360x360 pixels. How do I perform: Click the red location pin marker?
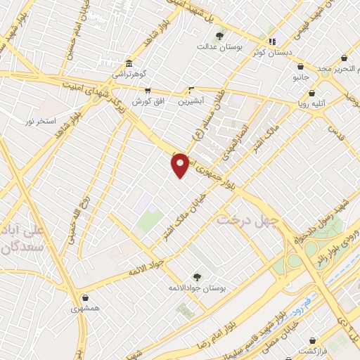coord(180,165)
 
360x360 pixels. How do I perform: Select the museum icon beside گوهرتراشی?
coord(128,61)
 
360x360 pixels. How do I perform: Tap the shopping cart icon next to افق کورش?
coord(147,91)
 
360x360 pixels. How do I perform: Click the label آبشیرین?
coord(191,101)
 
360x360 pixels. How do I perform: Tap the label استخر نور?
coord(40,122)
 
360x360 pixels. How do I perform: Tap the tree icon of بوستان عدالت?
coord(220,35)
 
